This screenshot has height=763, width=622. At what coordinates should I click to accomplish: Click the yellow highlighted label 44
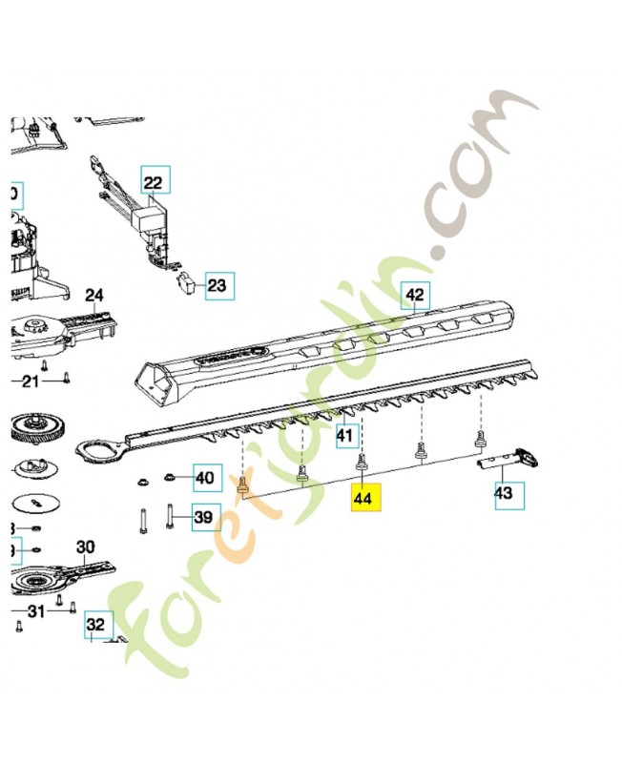[x=364, y=498]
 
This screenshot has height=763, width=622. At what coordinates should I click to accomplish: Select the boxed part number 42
[x=415, y=296]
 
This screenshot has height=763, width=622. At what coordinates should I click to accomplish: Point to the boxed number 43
[x=503, y=493]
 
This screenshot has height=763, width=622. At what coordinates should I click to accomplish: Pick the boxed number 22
[x=154, y=180]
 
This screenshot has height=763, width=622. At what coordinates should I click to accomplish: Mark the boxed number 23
[x=218, y=284]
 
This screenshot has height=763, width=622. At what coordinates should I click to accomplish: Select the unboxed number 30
[x=86, y=547]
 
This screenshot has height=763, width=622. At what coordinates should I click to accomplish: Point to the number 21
[x=30, y=382]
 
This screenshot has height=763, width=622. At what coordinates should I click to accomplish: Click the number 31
[x=35, y=610]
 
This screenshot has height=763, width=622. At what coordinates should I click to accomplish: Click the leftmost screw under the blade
[x=242, y=487]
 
